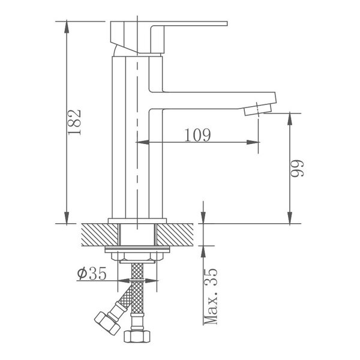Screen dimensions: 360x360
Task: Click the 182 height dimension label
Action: point(75,122)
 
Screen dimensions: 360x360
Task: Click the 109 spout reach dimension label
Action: point(197,135)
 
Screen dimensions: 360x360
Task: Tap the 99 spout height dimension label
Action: point(298,168)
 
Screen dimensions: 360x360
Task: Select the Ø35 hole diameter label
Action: point(92,273)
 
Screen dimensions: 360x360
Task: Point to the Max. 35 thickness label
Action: point(211,296)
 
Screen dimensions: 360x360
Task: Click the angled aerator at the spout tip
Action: point(258,110)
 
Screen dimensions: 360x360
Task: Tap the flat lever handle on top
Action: point(169,37)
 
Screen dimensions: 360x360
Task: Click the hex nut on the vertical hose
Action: point(137,337)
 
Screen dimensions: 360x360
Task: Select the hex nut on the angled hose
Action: point(107,323)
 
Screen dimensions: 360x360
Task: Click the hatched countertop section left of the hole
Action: point(100,235)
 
